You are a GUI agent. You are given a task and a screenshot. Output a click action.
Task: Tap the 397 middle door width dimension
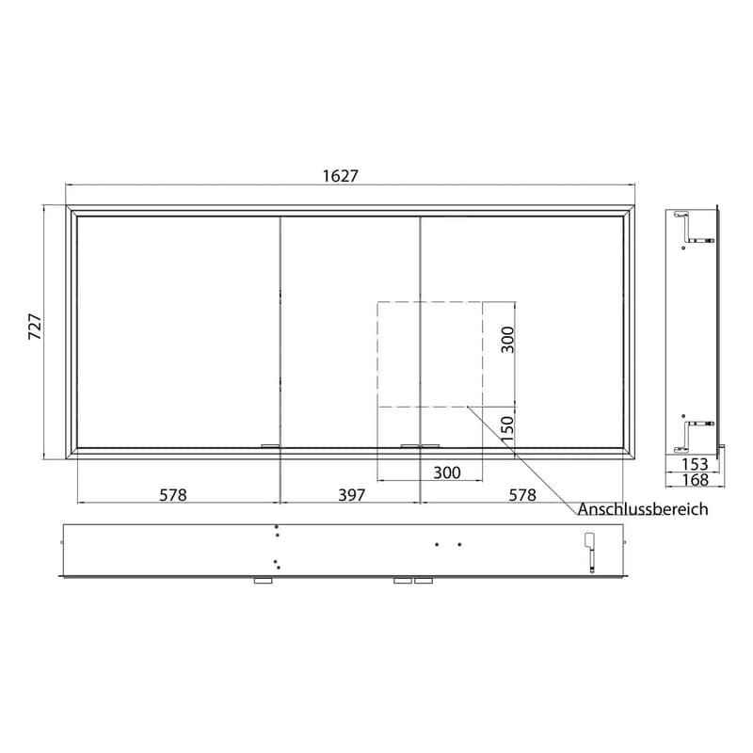pyautogui.click(x=350, y=493)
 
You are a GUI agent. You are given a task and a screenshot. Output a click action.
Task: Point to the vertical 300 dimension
pyautogui.click(x=507, y=339)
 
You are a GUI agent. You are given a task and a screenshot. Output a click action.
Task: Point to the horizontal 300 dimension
pyautogui.click(x=446, y=473)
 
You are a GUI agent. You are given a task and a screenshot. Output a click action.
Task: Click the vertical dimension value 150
pyautogui.click(x=507, y=429)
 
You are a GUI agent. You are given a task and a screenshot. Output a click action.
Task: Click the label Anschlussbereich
pyautogui.click(x=643, y=509)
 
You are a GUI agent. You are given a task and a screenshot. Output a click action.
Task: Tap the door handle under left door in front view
pyautogui.click(x=270, y=445)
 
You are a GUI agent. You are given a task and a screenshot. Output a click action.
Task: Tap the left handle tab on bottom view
pyautogui.click(x=263, y=581)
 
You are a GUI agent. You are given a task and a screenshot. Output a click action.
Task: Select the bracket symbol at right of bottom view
pyautogui.click(x=590, y=552)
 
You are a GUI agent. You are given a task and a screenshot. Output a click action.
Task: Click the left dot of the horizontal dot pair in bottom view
pyautogui.click(x=437, y=544)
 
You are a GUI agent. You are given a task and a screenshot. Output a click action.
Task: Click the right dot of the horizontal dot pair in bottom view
pyautogui.click(x=458, y=544)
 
